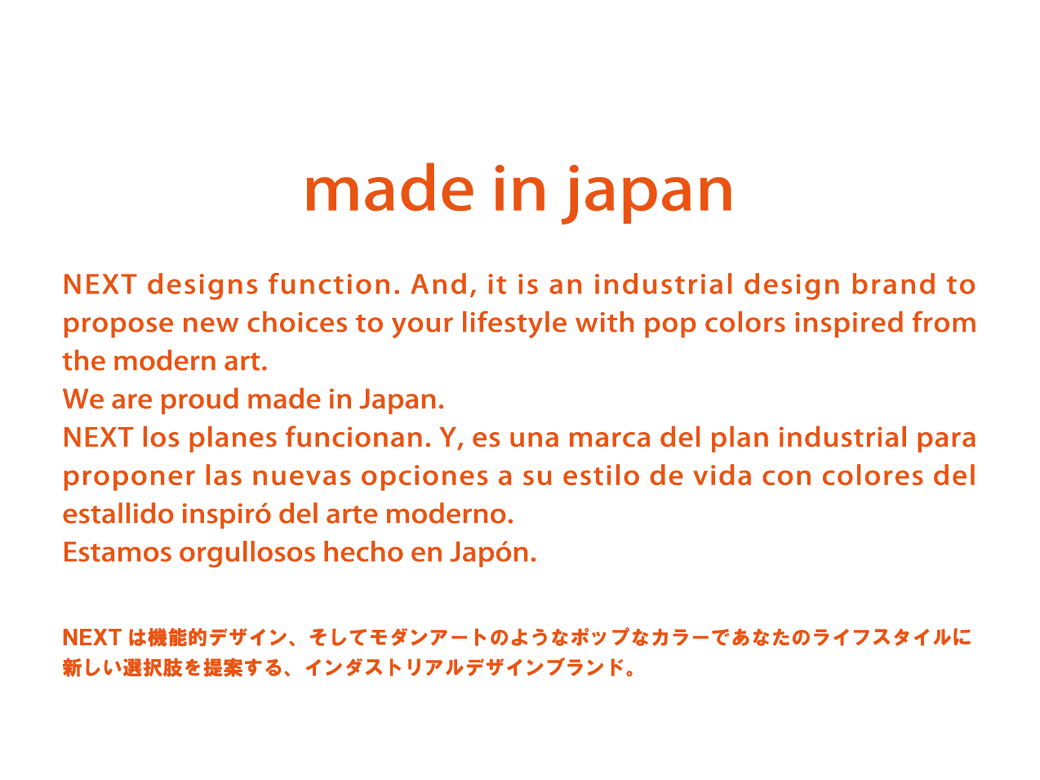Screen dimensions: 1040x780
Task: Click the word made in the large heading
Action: click(389, 188)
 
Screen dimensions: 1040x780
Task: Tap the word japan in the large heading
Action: click(647, 194)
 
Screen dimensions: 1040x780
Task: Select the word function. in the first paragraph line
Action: click(335, 284)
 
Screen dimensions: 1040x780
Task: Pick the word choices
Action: click(297, 323)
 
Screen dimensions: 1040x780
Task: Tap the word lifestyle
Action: click(514, 324)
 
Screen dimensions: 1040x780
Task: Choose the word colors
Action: click(745, 323)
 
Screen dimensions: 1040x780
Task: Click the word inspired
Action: click(849, 324)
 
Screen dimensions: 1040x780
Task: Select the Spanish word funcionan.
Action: click(357, 437)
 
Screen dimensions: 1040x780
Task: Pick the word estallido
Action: click(118, 514)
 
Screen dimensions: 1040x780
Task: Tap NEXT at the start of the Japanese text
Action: click(92, 638)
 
